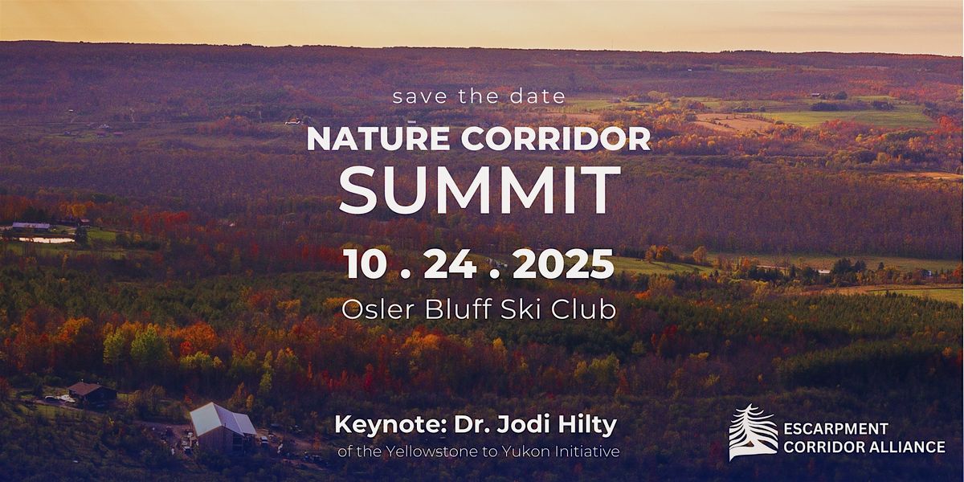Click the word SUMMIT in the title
pos(480,190)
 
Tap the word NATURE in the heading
pos(378,138)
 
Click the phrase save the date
pos(479,96)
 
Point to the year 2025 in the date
pos(563,263)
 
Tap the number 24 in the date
pos(450,263)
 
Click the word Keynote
pos(390,425)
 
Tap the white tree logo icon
pos(753,432)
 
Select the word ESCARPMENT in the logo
pos(835,429)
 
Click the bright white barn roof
pos(223,419)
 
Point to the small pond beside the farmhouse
pos(47,239)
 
